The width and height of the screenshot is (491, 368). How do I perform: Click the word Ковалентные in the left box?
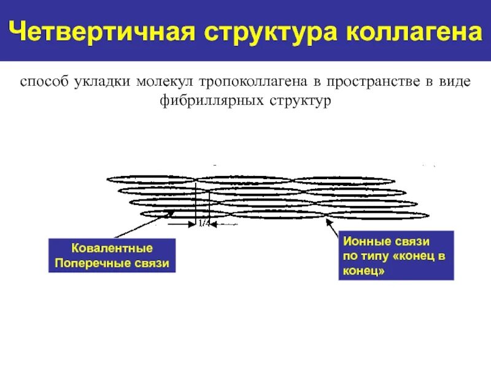click(x=112, y=249)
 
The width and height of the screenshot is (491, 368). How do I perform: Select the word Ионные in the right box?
click(x=363, y=242)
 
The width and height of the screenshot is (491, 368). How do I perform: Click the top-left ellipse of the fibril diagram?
click(x=151, y=180)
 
